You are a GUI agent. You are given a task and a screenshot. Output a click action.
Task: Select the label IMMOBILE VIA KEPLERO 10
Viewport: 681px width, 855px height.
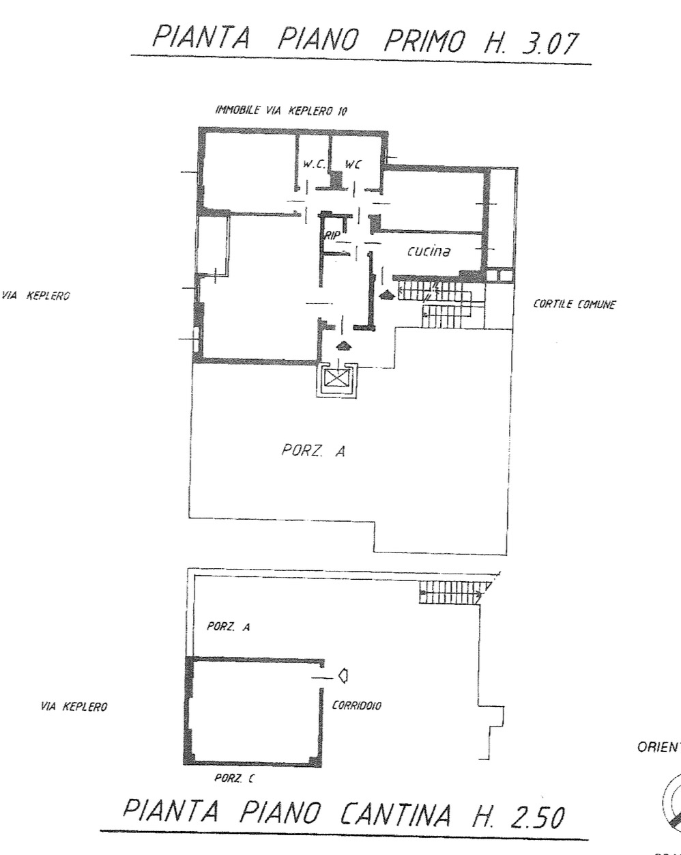click(x=280, y=110)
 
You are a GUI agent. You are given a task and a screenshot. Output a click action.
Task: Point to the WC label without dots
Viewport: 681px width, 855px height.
click(x=353, y=165)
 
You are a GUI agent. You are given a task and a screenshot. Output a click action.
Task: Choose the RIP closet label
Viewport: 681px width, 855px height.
click(x=332, y=234)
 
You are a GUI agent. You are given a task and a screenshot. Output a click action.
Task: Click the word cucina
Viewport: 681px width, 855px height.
click(x=429, y=251)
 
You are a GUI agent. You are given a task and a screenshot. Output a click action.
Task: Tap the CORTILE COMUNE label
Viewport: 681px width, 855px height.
click(x=574, y=305)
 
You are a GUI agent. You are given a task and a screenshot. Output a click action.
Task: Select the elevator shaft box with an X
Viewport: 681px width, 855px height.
click(x=337, y=378)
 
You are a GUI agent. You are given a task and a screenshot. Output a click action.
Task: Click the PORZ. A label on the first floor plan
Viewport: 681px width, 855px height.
click(x=313, y=451)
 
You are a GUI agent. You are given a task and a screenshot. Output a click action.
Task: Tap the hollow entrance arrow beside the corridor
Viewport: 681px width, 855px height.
click(x=344, y=675)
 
